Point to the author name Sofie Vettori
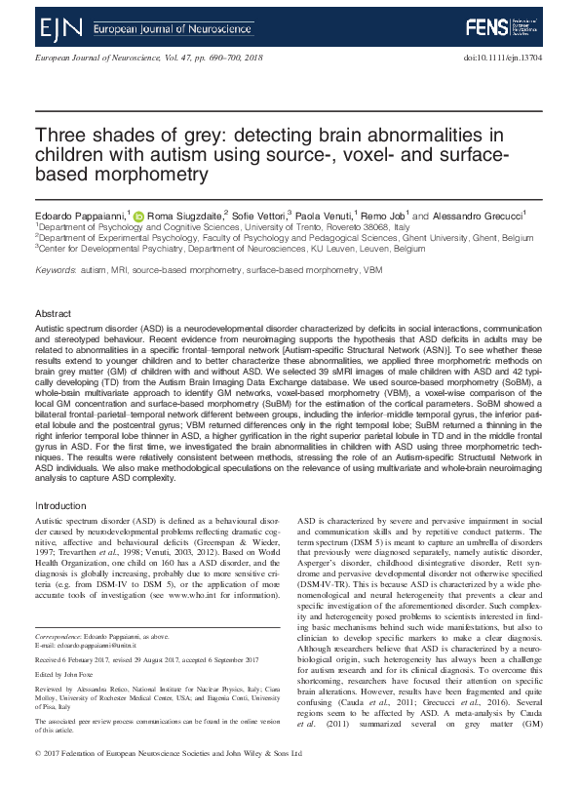point(262,215)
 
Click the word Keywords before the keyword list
point(55,269)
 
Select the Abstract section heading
point(53,314)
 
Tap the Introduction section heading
point(60,506)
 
